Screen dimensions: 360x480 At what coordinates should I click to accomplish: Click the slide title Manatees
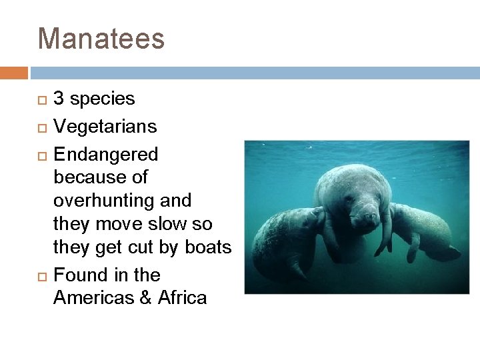point(101,39)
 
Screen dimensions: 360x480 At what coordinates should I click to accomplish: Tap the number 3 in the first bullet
point(59,99)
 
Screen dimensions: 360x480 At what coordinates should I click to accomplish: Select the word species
point(102,99)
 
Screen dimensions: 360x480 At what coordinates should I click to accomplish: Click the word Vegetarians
point(105,127)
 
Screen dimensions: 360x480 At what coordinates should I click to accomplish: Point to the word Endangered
point(105,155)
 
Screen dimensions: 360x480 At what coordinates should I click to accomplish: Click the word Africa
point(182,297)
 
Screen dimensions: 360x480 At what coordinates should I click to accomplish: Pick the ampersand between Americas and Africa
point(145,297)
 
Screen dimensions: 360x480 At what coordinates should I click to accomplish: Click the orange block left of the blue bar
point(13,73)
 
